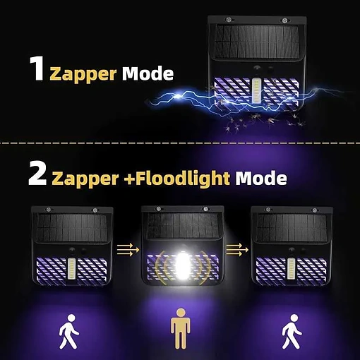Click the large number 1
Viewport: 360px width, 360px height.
[37, 68]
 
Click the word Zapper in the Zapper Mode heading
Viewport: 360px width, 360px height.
[83, 74]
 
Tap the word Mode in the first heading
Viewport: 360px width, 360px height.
[148, 73]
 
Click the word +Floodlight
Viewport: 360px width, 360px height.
[177, 178]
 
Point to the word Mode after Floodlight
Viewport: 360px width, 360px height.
[261, 178]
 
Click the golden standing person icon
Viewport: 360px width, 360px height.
[181, 328]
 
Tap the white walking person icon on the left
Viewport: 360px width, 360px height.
[68, 332]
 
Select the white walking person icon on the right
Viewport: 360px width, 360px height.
[292, 332]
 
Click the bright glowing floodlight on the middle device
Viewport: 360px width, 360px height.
[181, 265]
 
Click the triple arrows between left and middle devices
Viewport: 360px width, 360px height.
[128, 250]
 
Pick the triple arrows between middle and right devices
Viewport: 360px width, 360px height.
[237, 250]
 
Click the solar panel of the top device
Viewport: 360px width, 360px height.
[257, 42]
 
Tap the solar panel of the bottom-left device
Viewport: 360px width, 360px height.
[72, 228]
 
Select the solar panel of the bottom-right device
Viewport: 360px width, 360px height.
[292, 228]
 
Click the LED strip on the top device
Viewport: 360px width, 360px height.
[256, 90]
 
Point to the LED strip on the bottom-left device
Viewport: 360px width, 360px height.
[71, 269]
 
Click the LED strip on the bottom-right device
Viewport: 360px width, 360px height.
[291, 269]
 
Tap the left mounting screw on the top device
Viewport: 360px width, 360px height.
[228, 20]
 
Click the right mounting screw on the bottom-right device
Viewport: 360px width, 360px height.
[315, 210]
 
